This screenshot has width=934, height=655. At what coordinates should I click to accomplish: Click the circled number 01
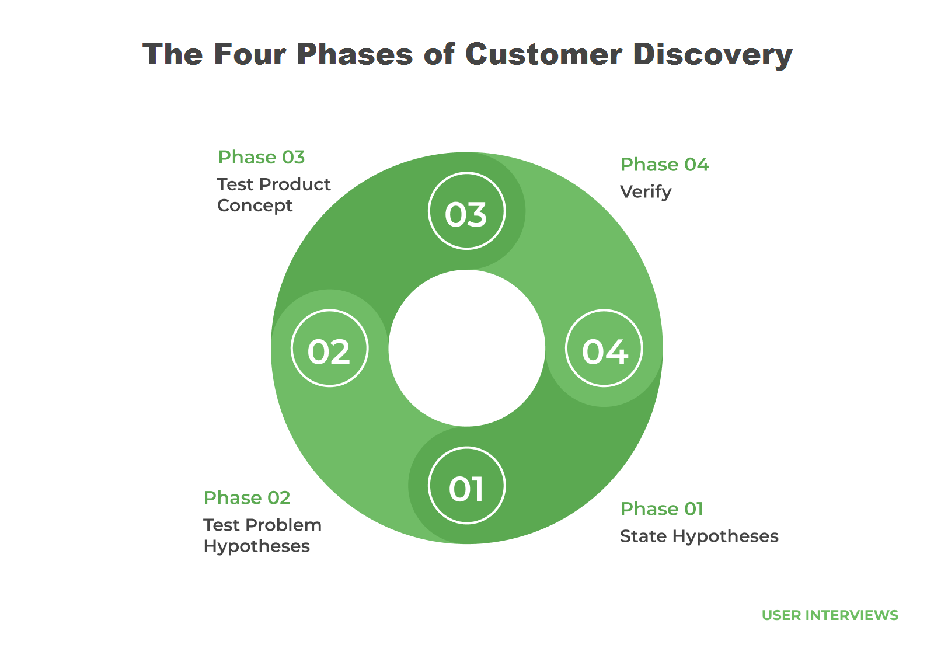point(466,486)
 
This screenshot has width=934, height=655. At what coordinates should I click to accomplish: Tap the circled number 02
point(330,349)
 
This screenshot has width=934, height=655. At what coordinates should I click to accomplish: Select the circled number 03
point(466,211)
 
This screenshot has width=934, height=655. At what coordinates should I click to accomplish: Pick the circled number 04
point(604,349)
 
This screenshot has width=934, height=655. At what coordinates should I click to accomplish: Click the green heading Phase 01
point(661,509)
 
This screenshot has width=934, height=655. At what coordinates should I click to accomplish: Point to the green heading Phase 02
point(247,498)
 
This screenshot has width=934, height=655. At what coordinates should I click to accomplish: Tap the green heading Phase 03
point(262,158)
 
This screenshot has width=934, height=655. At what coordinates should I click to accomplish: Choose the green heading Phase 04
point(664,165)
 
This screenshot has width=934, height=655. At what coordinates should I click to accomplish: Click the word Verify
point(646,192)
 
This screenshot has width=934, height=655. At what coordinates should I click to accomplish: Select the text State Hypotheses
point(699,536)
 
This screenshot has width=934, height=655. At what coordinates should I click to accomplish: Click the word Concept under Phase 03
point(255,206)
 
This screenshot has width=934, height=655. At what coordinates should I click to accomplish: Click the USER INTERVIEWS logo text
point(830,615)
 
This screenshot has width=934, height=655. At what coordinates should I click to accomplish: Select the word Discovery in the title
point(712,55)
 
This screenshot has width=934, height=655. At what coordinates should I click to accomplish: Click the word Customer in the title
point(543,55)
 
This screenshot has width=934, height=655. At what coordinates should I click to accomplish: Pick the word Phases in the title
point(354,55)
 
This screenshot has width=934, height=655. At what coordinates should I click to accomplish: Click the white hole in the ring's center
point(466,349)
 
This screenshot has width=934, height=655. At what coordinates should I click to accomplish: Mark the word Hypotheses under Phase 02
point(256,546)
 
